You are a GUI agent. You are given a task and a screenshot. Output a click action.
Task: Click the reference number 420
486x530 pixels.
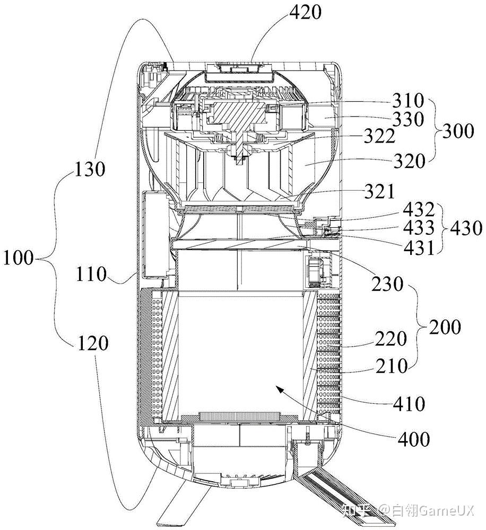click(x=305, y=13)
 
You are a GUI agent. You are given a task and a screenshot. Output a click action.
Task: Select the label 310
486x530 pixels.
click(x=408, y=100)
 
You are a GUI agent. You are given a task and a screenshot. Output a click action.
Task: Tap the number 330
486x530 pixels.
click(x=408, y=119)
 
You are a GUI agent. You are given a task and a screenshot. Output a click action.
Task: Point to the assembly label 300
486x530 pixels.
click(x=458, y=131)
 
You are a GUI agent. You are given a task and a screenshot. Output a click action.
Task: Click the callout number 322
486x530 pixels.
click(x=380, y=137)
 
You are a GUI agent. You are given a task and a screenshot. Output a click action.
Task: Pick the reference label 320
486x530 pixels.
click(x=409, y=161)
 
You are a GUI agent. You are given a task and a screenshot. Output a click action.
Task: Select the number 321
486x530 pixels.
click(x=379, y=192)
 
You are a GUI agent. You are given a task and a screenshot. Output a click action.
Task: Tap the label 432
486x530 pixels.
click(x=419, y=210)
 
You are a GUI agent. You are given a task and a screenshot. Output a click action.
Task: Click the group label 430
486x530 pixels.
click(x=466, y=228)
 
